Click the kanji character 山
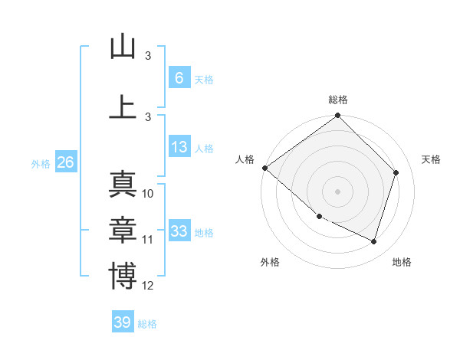123,47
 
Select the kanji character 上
123,107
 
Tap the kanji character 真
123,185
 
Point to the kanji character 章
123,231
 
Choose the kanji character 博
123,277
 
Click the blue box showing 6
179,78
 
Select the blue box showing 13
179,147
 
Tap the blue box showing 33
179,231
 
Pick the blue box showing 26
65,162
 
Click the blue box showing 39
123,322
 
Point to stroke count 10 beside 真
148,194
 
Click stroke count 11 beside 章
148,240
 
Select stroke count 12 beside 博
148,286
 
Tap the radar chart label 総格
338,100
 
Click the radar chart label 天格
432,159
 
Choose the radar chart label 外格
270,262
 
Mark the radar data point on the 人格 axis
264,168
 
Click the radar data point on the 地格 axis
374,241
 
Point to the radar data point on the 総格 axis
338,116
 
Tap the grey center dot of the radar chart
338,191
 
